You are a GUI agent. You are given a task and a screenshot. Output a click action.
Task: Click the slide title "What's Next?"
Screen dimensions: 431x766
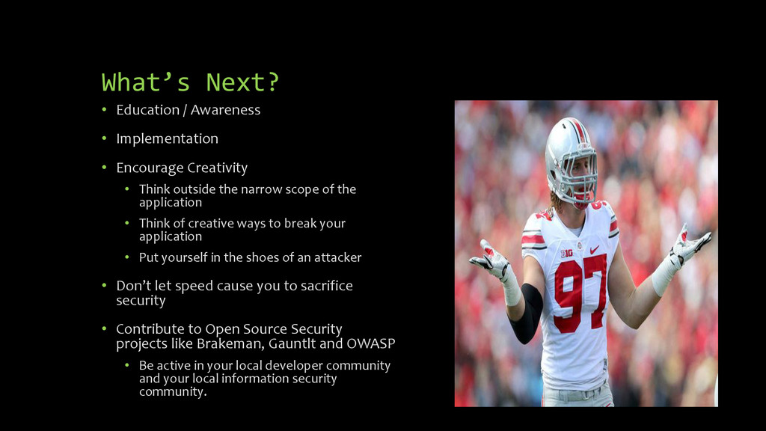tap(190, 82)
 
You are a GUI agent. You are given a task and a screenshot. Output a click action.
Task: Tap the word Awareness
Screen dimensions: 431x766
tap(225, 110)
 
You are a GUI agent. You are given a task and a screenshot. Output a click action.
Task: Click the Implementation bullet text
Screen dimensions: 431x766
tap(167, 138)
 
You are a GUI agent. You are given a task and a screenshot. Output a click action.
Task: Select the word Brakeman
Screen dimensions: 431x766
tap(224, 344)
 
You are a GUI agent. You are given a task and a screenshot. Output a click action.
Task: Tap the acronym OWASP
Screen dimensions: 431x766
tap(370, 344)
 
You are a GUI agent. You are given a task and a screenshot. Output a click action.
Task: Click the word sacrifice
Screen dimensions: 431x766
tap(321, 286)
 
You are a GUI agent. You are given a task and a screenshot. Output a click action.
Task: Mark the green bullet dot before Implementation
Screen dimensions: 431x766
tap(105, 139)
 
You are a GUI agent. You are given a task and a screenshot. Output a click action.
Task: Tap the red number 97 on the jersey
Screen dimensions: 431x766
tap(580, 292)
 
